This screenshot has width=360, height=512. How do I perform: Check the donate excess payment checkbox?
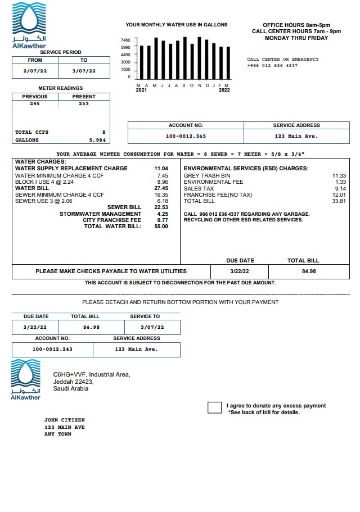(214, 408)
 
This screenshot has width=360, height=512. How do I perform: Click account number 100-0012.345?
(186, 136)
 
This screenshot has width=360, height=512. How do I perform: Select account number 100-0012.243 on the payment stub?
(52, 349)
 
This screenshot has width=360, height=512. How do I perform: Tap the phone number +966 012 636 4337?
(272, 66)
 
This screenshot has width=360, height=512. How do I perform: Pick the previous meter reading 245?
(35, 103)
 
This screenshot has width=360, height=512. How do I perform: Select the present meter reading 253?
(84, 103)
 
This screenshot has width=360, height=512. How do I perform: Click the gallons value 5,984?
(97, 140)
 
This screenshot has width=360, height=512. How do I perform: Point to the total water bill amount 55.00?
(161, 226)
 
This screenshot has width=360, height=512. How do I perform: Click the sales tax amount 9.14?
(340, 188)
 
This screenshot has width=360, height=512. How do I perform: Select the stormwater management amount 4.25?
(163, 214)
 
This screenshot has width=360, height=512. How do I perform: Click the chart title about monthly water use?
(176, 25)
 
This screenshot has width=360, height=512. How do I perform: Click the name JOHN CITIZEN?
(65, 420)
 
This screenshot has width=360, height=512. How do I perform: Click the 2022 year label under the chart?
(224, 90)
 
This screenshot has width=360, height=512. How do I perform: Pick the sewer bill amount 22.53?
(161, 207)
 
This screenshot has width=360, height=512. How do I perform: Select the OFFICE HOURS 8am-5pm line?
(290, 25)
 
